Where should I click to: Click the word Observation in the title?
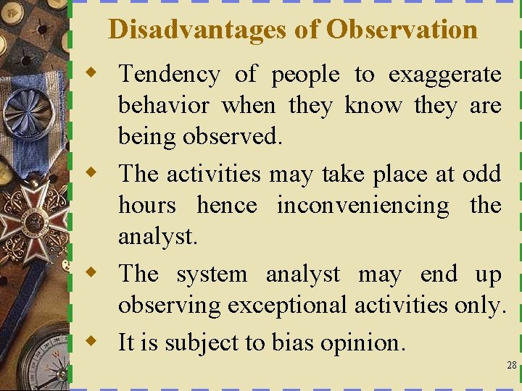(x=402, y=29)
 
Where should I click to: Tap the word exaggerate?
(x=444, y=75)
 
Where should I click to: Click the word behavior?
(x=163, y=106)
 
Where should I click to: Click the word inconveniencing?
(x=362, y=206)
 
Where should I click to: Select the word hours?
(x=146, y=205)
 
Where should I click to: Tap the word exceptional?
(x=288, y=306)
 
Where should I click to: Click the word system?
(x=211, y=275)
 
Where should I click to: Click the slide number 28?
(x=512, y=366)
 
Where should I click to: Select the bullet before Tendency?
(x=90, y=72)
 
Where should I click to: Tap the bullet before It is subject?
(x=90, y=340)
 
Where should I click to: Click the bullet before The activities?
(x=90, y=172)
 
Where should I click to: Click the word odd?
(x=481, y=174)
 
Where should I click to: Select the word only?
(x=478, y=306)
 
